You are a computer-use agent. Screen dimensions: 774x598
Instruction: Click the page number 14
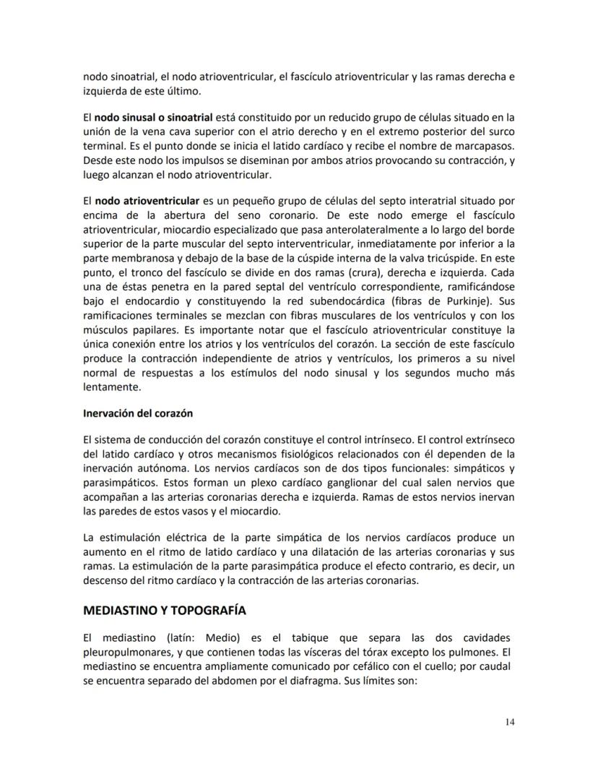click(x=510, y=721)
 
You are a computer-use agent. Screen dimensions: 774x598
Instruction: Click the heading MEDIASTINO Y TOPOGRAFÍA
click(x=165, y=610)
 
